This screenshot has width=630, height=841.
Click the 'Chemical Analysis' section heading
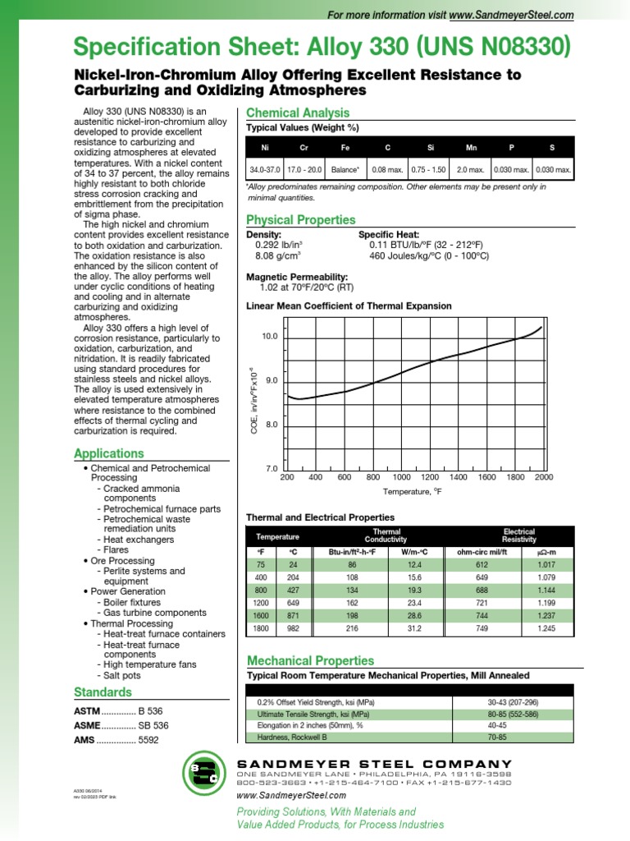click(x=298, y=113)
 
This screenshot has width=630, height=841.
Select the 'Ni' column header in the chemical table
click(x=264, y=147)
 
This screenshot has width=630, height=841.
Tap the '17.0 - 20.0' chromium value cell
click(x=304, y=169)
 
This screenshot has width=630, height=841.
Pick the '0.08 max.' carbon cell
click(x=387, y=169)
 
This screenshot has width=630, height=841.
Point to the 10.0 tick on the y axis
click(x=270, y=337)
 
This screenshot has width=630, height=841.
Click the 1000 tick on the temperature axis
click(x=402, y=477)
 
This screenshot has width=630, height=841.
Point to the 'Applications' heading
click(x=109, y=453)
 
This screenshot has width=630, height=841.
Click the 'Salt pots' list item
click(x=121, y=675)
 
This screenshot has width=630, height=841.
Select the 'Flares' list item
click(x=116, y=549)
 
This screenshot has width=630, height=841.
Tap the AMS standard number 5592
click(x=148, y=740)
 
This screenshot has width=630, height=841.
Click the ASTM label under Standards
click(x=86, y=710)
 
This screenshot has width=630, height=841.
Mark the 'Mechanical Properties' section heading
click(x=310, y=660)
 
